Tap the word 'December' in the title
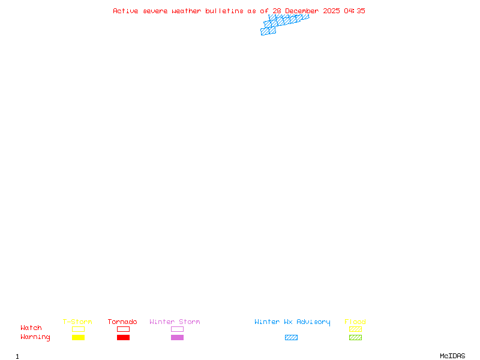click(x=302, y=11)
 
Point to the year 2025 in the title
click(x=331, y=11)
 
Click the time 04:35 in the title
click(x=355, y=11)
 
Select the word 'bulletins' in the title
click(x=224, y=11)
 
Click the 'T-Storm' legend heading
click(x=77, y=322)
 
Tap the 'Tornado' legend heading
click(x=122, y=322)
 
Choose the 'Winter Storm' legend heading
click(x=175, y=322)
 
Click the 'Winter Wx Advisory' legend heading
click(x=292, y=322)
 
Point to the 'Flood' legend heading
click(x=355, y=322)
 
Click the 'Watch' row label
click(x=31, y=328)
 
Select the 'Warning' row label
click(x=35, y=337)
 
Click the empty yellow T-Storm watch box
click(x=79, y=329)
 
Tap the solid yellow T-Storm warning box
click(x=79, y=337)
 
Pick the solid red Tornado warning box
click(x=124, y=337)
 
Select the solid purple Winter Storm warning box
click(x=177, y=337)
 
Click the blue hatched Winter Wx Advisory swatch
click(x=291, y=337)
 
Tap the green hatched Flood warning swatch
click(x=355, y=337)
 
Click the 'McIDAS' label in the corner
click(x=452, y=356)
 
